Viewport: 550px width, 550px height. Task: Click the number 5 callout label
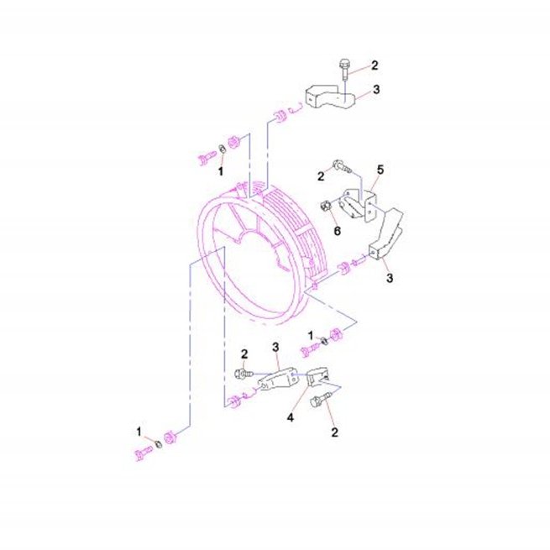[x=380, y=170]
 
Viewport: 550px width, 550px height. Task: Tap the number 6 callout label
[x=337, y=231]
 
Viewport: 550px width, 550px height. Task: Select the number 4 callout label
[x=291, y=418]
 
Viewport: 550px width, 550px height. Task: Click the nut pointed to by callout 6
[x=326, y=206]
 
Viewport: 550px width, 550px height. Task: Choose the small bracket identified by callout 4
[x=318, y=376]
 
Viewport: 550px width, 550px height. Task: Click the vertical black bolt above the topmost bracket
[x=343, y=70]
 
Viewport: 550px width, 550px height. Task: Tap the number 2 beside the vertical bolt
[x=375, y=65]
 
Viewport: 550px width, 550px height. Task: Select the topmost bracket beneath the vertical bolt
[x=331, y=97]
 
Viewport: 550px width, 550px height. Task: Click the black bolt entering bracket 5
[x=341, y=166]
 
